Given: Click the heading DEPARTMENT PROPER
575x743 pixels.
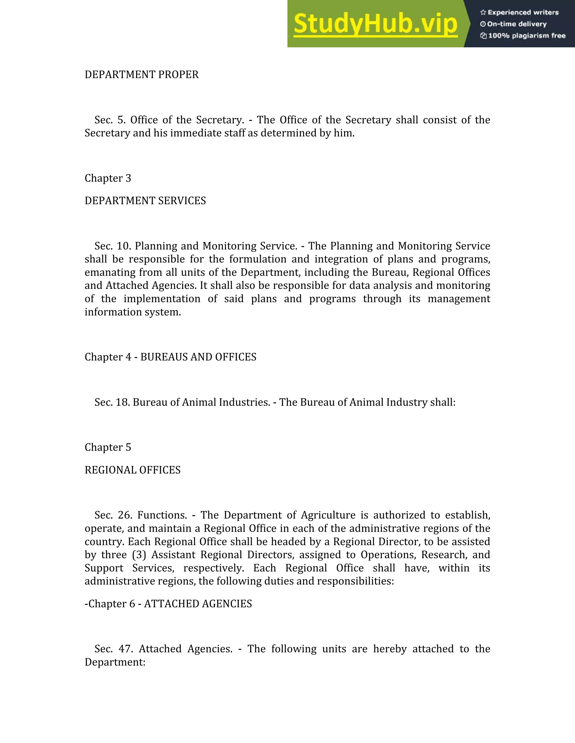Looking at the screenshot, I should [x=142, y=75].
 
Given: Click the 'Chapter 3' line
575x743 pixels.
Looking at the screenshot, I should [x=108, y=178].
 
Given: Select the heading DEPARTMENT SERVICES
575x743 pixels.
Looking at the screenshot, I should [x=145, y=201].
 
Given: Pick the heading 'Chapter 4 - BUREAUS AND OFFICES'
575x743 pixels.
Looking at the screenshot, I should [x=170, y=357].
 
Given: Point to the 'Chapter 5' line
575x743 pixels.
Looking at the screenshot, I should [x=108, y=447].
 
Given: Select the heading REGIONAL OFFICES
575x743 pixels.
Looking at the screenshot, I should [x=133, y=470].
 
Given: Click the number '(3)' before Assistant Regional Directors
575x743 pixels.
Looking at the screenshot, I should [x=139, y=555].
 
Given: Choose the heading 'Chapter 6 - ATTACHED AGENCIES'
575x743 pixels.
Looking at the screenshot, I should [x=168, y=604].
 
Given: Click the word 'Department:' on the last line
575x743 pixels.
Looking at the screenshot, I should [x=115, y=662].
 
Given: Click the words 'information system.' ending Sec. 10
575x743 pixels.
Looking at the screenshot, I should [x=133, y=312].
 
